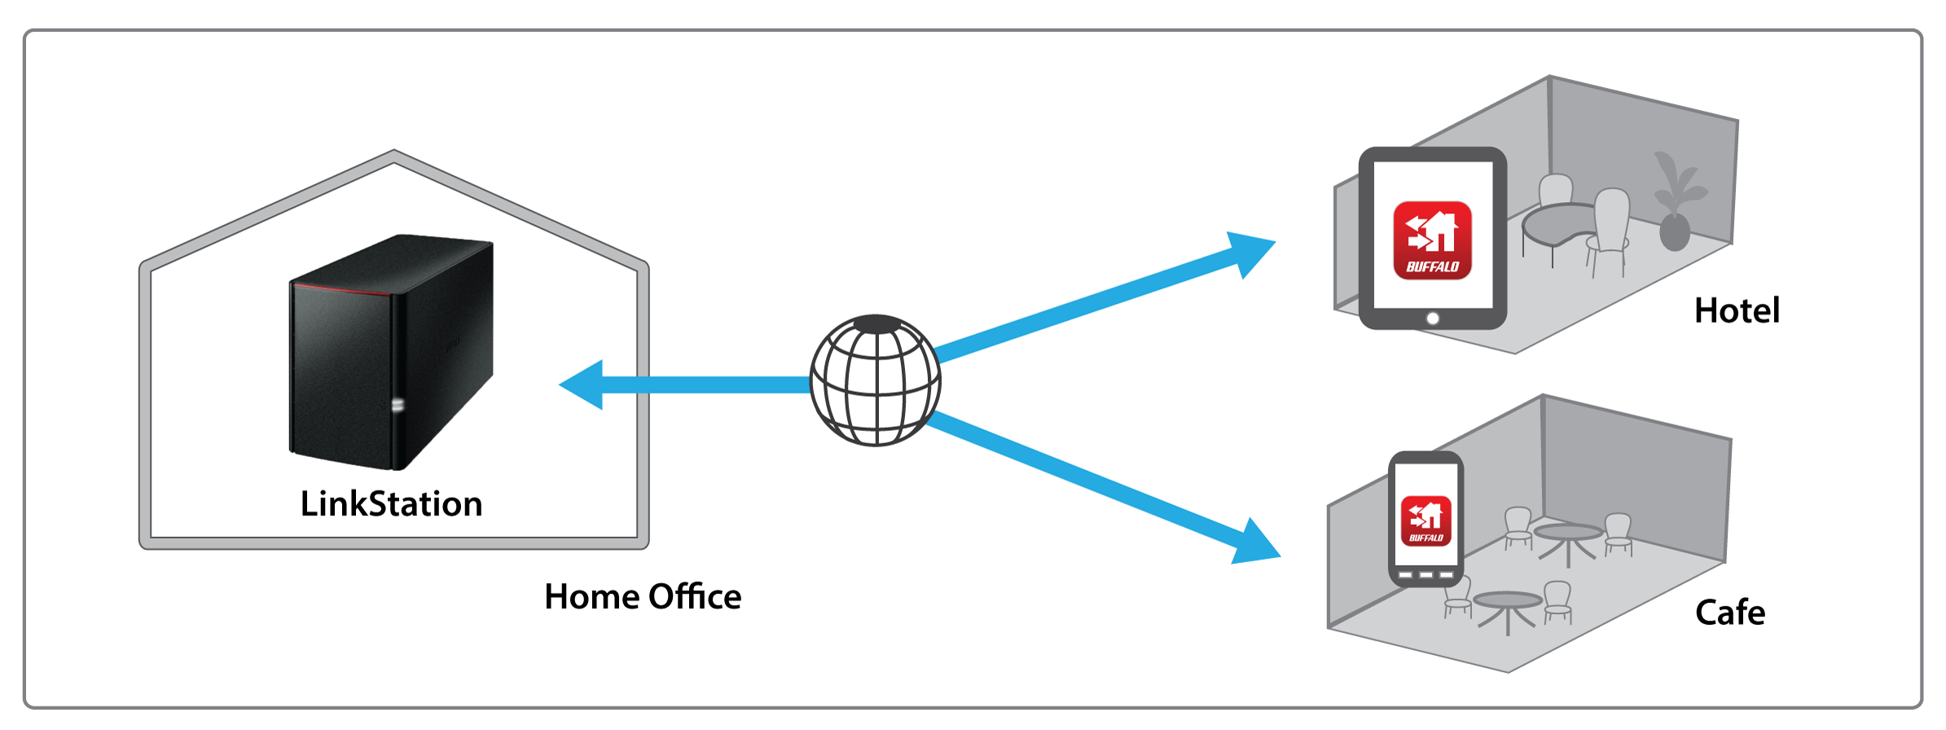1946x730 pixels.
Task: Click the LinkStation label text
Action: click(x=391, y=504)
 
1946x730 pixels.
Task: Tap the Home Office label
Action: click(x=643, y=597)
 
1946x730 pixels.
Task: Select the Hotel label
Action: click(x=1737, y=311)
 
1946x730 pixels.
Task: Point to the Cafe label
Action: click(x=1729, y=613)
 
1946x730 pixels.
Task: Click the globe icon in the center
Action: click(x=876, y=380)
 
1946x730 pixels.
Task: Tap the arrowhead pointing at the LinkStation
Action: click(x=583, y=385)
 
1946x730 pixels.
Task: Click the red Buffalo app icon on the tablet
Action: click(x=1432, y=240)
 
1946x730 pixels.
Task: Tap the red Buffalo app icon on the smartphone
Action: click(x=1425, y=521)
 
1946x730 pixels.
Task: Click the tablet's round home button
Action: click(x=1433, y=319)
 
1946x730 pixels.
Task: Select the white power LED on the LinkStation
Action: click(x=398, y=404)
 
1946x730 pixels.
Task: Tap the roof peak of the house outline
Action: click(x=394, y=156)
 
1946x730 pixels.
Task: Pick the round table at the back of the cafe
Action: click(x=1568, y=534)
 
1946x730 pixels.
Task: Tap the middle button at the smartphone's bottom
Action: click(x=1425, y=575)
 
